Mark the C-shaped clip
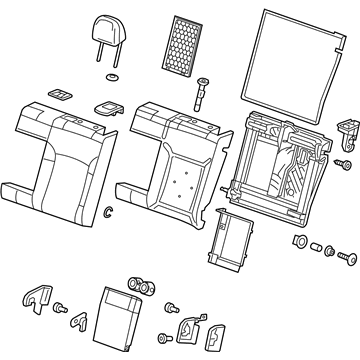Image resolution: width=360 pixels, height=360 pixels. [108, 210]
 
